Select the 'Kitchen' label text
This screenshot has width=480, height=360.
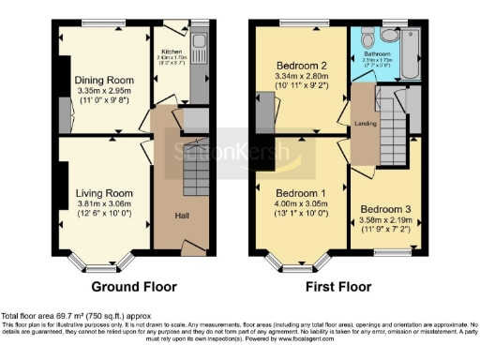point(171,52)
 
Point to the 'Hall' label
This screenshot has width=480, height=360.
point(183,215)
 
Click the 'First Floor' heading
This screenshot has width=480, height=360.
point(332,287)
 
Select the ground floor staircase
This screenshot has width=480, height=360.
point(197,158)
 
